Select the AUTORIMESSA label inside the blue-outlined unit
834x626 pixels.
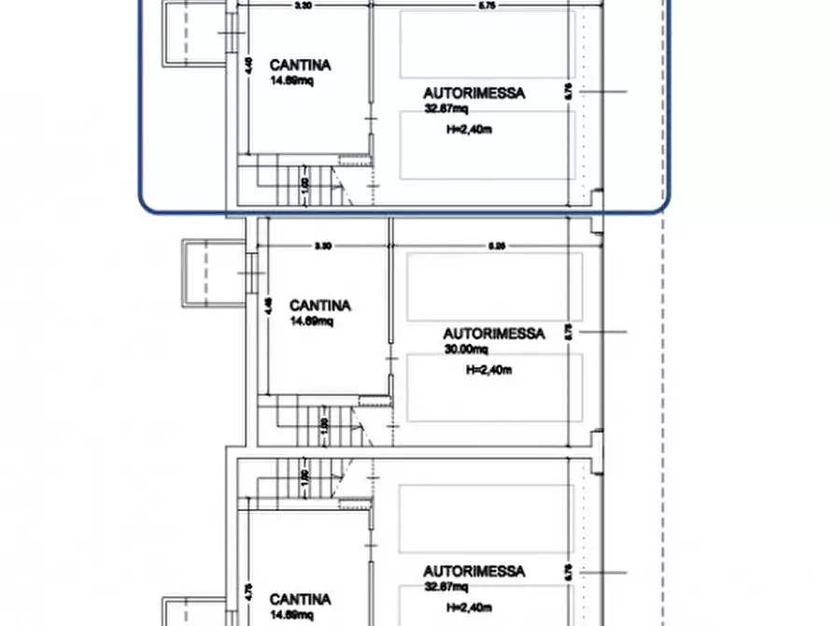tap(474, 93)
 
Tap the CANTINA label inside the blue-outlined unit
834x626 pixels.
tap(300, 65)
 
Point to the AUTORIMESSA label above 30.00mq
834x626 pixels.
tap(493, 334)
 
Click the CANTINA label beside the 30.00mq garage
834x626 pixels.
tap(320, 306)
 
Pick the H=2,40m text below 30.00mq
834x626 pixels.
tap(489, 370)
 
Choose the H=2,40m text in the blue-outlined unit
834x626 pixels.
tap(470, 130)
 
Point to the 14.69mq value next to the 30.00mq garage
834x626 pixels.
tap(310, 321)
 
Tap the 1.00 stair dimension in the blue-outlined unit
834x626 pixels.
tap(305, 186)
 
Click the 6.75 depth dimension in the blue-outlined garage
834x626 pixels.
tap(569, 91)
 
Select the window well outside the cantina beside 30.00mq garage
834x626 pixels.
tap(199, 272)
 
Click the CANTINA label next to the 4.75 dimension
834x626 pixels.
tap(300, 599)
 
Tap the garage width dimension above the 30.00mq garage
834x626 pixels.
tap(498, 247)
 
